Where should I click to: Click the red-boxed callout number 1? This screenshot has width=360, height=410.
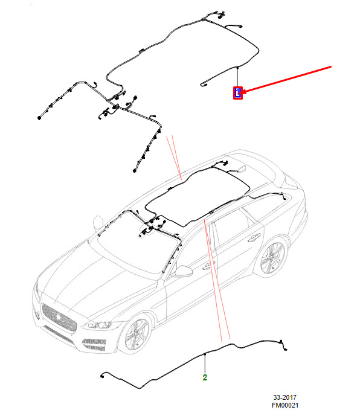tap(238, 93)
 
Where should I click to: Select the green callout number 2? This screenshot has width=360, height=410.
tap(205, 377)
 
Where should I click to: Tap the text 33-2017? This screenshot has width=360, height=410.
tap(285, 397)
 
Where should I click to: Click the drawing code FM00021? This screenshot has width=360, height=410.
tap(285, 405)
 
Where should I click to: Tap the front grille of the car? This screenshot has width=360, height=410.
tap(59, 318)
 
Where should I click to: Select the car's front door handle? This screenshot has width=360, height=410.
tap(207, 266)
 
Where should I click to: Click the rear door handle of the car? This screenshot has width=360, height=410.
tap(254, 238)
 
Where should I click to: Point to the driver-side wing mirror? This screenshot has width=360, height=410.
tap(183, 271)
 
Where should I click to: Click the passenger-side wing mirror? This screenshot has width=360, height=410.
tap(98, 223)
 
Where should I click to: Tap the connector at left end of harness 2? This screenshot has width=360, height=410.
tap(101, 376)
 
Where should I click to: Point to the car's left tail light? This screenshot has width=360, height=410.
tap(291, 181)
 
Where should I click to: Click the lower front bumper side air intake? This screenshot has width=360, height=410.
tap(94, 345)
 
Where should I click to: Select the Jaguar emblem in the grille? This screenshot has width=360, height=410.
tap(58, 317)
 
